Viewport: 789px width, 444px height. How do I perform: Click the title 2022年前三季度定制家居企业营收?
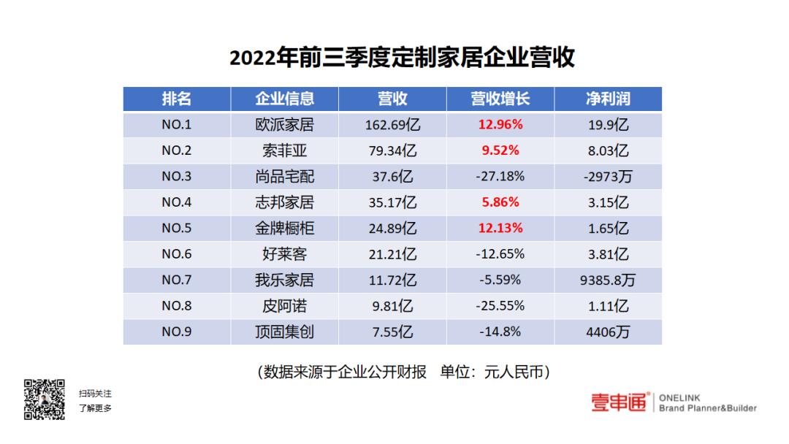coord(402,58)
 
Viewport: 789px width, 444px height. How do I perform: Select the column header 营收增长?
coord(500,99)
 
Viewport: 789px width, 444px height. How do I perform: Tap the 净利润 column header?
coord(608,99)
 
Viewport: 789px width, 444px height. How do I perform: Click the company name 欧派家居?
coord(284,125)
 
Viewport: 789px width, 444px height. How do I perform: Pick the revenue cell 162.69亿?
coord(393,125)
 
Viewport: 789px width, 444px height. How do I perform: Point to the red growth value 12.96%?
coord(500,125)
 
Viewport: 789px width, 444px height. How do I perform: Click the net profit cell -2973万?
coord(608,177)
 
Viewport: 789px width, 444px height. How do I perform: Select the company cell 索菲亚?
coord(284,151)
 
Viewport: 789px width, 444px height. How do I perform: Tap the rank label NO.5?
coord(176,229)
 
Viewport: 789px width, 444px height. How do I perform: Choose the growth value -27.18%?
coord(500,177)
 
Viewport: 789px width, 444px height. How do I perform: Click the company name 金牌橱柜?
coord(284,229)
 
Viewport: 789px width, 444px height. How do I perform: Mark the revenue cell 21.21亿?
coord(393,254)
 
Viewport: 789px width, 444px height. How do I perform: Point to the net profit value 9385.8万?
coord(608,280)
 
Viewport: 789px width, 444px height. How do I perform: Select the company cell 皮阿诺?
coord(284,306)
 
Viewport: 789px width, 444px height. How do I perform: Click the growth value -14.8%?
coord(500,332)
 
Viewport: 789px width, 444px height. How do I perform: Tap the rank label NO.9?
coord(176,332)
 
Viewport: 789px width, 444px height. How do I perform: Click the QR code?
coord(45,399)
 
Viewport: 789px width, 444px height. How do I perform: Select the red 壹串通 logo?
coord(619,402)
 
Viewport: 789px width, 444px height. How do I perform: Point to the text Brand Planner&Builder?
coord(707,408)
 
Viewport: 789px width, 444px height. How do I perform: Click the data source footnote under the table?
coord(404,372)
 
